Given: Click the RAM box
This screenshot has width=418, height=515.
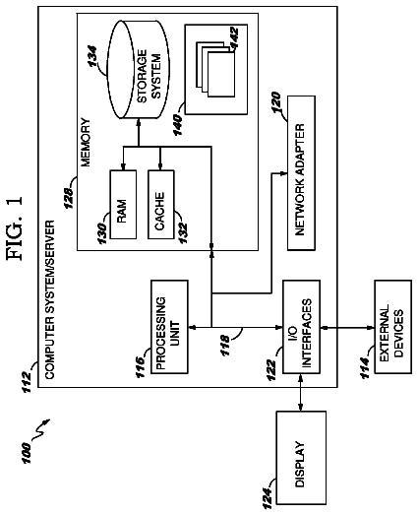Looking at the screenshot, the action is tap(123, 204).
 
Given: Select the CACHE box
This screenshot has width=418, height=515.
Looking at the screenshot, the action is tap(160, 204).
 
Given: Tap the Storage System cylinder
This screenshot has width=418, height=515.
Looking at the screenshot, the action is tap(139, 70).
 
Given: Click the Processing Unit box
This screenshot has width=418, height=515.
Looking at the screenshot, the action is tap(169, 327).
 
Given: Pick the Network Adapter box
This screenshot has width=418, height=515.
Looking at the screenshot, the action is tap(301, 173).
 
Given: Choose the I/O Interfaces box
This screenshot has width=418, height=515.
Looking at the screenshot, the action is tap(301, 327).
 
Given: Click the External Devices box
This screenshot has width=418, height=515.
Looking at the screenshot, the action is tap(392, 327).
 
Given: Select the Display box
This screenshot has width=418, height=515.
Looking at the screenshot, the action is tap(301, 458).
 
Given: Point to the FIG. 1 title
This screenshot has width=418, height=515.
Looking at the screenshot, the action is tap(15, 228).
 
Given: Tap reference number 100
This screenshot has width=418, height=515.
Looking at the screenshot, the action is tap(26, 453).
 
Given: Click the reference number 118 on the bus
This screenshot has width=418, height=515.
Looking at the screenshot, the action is tap(225, 346).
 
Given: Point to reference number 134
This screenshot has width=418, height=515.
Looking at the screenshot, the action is tap(92, 56).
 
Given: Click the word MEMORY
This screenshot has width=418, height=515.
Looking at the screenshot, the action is tap(86, 142).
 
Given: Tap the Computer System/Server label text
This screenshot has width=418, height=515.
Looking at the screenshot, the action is tap(49, 299).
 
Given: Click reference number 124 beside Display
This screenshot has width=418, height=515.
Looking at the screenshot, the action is tap(268, 498).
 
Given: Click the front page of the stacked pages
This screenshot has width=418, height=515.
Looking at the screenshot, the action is tap(221, 74).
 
